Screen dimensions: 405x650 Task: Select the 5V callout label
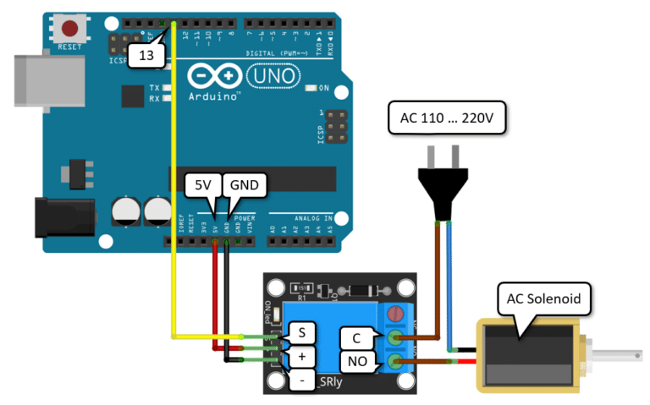click(203, 185)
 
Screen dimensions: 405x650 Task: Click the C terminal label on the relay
click(356, 339)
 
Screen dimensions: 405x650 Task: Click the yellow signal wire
click(173, 211)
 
